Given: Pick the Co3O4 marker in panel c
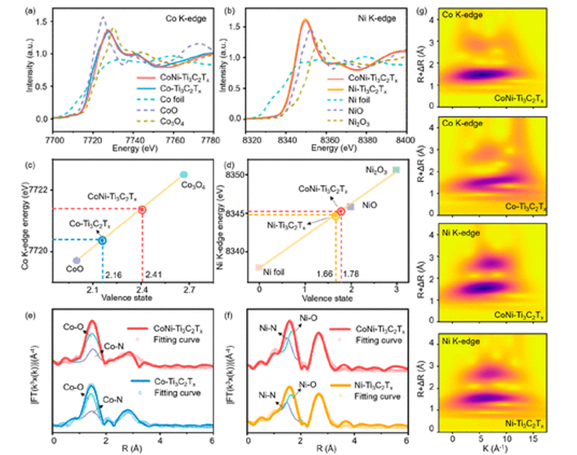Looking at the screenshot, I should (183, 174).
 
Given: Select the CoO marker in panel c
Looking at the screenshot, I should (76, 260).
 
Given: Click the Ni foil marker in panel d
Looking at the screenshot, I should (259, 267).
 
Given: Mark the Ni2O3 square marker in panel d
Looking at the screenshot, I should (396, 169).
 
